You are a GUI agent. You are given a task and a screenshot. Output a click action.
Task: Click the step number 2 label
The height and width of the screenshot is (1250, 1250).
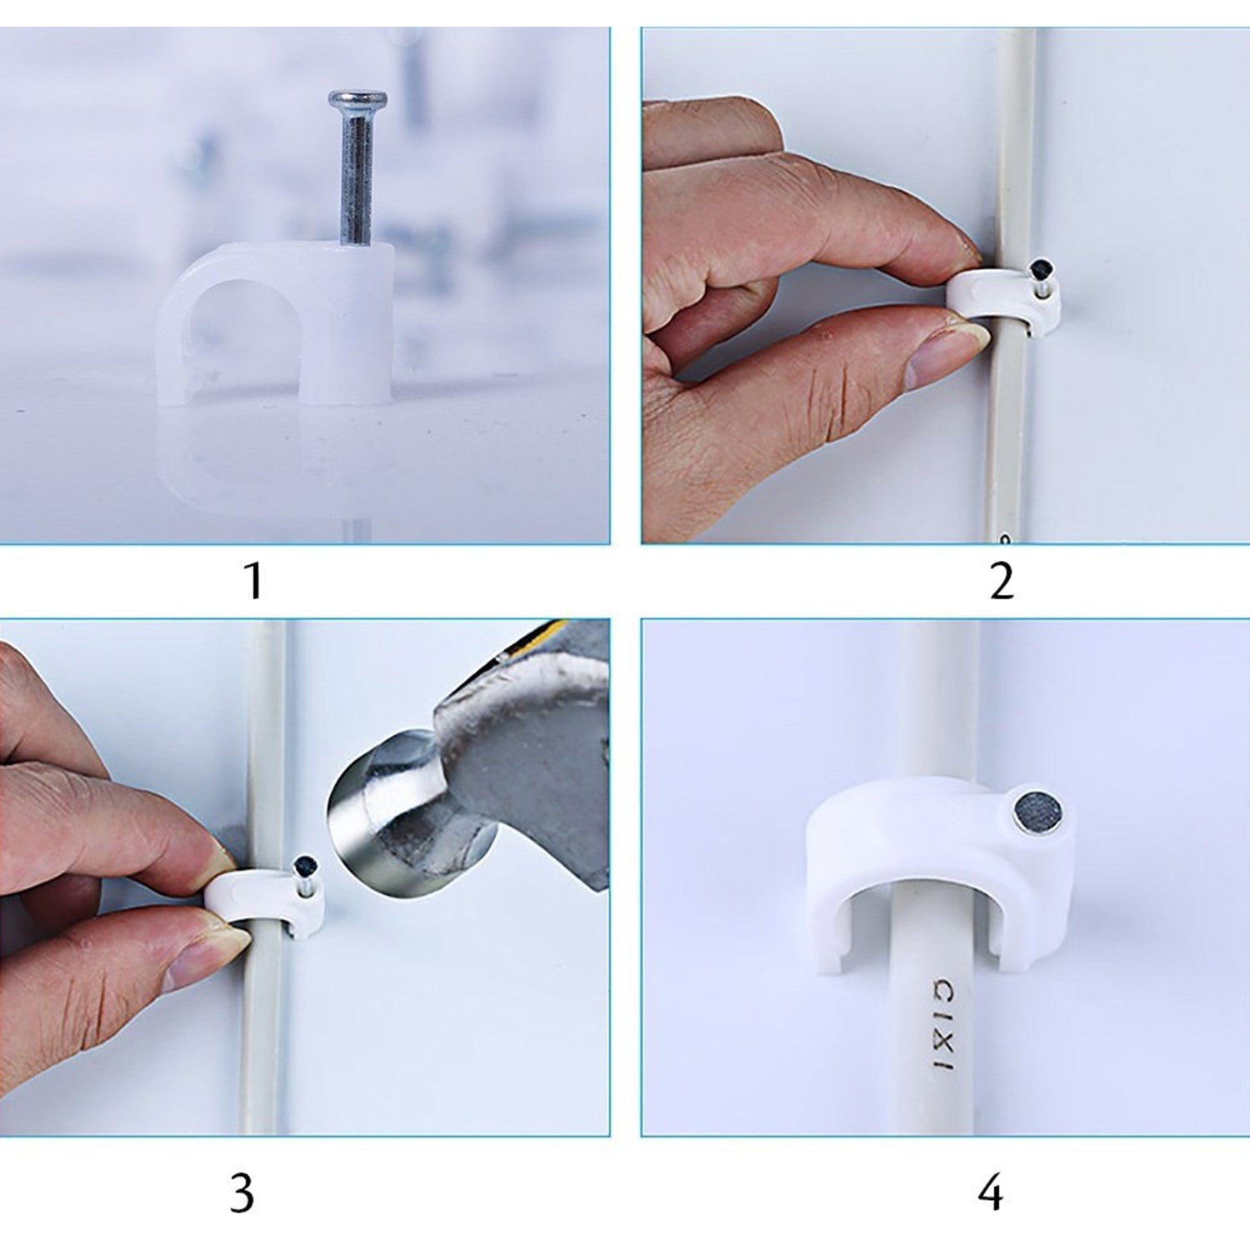coord(1002,581)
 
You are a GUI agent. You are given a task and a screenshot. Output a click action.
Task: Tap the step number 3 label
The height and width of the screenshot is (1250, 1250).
coord(242,1194)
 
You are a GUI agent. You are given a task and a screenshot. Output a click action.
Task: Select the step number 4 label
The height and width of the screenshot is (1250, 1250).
coord(990,1194)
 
